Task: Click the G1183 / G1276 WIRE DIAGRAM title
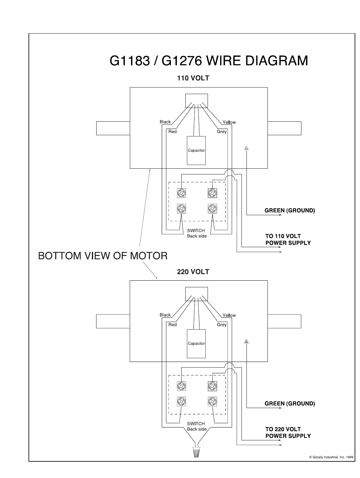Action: pyautogui.click(x=209, y=61)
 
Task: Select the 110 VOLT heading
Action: pyautogui.click(x=193, y=78)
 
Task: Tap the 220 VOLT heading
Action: pyautogui.click(x=193, y=272)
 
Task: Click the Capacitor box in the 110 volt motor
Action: pyautogui.click(x=196, y=151)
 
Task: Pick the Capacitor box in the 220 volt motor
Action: pyautogui.click(x=196, y=344)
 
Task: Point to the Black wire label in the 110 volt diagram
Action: pyautogui.click(x=165, y=122)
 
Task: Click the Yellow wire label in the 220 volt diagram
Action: pyautogui.click(x=229, y=315)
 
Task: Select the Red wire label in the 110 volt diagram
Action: pyautogui.click(x=172, y=132)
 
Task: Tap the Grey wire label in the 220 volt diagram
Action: pyautogui.click(x=222, y=325)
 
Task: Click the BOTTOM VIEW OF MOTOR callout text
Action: pyautogui.click(x=103, y=256)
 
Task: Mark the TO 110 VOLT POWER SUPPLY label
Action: pyautogui.click(x=288, y=239)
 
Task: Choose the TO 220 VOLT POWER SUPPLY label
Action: pyautogui.click(x=288, y=433)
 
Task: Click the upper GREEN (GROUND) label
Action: pyautogui.click(x=290, y=210)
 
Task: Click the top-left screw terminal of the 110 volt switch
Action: pyautogui.click(x=182, y=193)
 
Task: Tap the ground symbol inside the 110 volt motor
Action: pyautogui.click(x=246, y=148)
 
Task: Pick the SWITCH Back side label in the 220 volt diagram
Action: pyautogui.click(x=197, y=427)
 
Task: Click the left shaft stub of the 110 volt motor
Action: pyautogui.click(x=113, y=128)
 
